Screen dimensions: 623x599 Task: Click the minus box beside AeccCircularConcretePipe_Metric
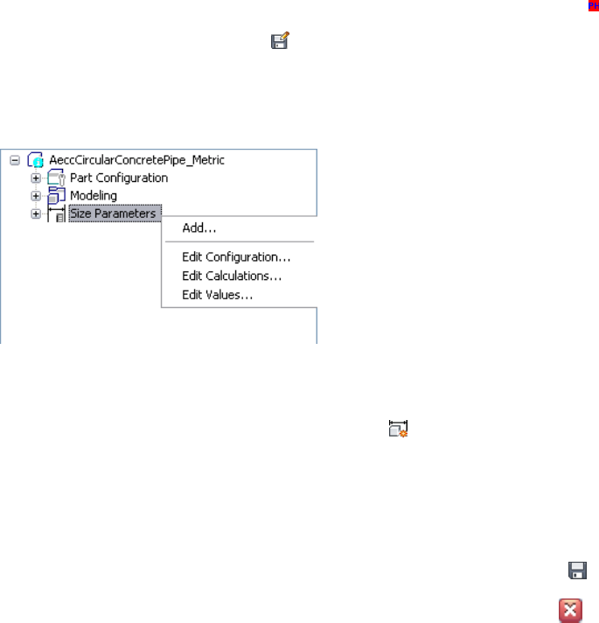click(15, 160)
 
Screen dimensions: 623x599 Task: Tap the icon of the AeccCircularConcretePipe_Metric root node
click(36, 160)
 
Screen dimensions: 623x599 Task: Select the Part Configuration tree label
click(119, 178)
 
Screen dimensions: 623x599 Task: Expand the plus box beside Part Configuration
click(36, 178)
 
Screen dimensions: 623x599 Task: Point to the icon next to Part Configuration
click(56, 178)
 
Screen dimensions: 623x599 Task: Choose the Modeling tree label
click(94, 195)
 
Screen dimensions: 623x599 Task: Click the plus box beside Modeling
click(36, 196)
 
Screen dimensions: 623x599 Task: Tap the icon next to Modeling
click(56, 195)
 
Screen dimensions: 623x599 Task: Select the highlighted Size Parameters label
click(113, 213)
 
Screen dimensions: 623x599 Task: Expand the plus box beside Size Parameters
click(36, 213)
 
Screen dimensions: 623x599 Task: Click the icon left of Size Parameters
click(56, 213)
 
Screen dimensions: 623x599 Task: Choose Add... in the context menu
click(199, 228)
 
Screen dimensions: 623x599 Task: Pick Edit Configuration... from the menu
click(236, 257)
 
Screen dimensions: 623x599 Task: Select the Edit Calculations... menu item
click(232, 276)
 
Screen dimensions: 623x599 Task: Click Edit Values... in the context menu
click(218, 295)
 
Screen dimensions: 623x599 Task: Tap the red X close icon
click(570, 611)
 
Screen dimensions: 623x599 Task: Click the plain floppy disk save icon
click(577, 571)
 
